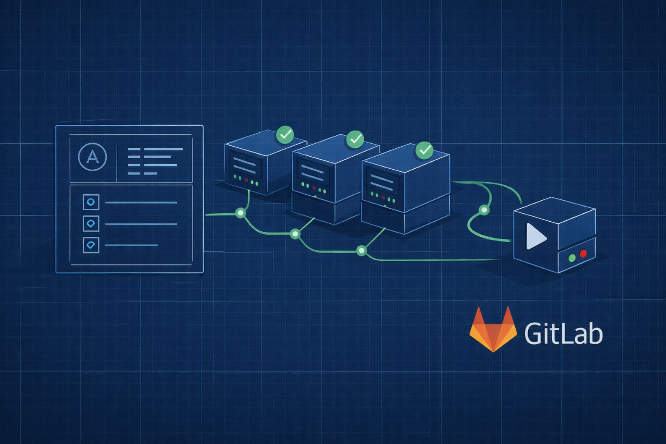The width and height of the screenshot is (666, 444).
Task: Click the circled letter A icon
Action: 92,157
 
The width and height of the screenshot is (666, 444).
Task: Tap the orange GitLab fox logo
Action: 493,329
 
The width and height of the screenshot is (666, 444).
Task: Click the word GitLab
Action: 563,333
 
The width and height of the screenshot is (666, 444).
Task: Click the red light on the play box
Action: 583,253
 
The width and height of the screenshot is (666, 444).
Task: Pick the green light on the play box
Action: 572,257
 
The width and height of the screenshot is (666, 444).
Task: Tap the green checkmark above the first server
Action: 285,134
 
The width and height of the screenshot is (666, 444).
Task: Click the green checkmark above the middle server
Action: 355,139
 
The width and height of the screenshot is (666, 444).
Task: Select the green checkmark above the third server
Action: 425,150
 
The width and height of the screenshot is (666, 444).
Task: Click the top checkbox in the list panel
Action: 91,201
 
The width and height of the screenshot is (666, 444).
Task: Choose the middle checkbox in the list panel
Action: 91,223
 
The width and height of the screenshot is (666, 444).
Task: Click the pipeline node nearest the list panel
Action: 240,213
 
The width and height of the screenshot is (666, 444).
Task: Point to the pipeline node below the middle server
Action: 295,234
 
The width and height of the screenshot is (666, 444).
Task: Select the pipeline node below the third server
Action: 361,251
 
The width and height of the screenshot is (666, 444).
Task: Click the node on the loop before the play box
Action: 484,210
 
